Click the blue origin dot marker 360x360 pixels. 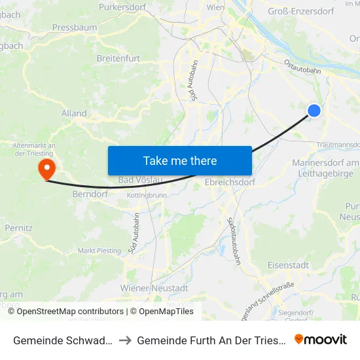click(x=314, y=111)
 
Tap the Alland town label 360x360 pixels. click(x=74, y=113)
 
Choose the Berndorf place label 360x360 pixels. click(x=89, y=194)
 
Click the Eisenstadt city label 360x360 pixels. click(x=289, y=265)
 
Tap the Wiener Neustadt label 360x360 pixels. click(x=154, y=288)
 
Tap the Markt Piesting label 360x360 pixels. click(x=99, y=251)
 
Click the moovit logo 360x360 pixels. click(x=321, y=339)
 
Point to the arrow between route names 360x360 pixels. click(x=124, y=340)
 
